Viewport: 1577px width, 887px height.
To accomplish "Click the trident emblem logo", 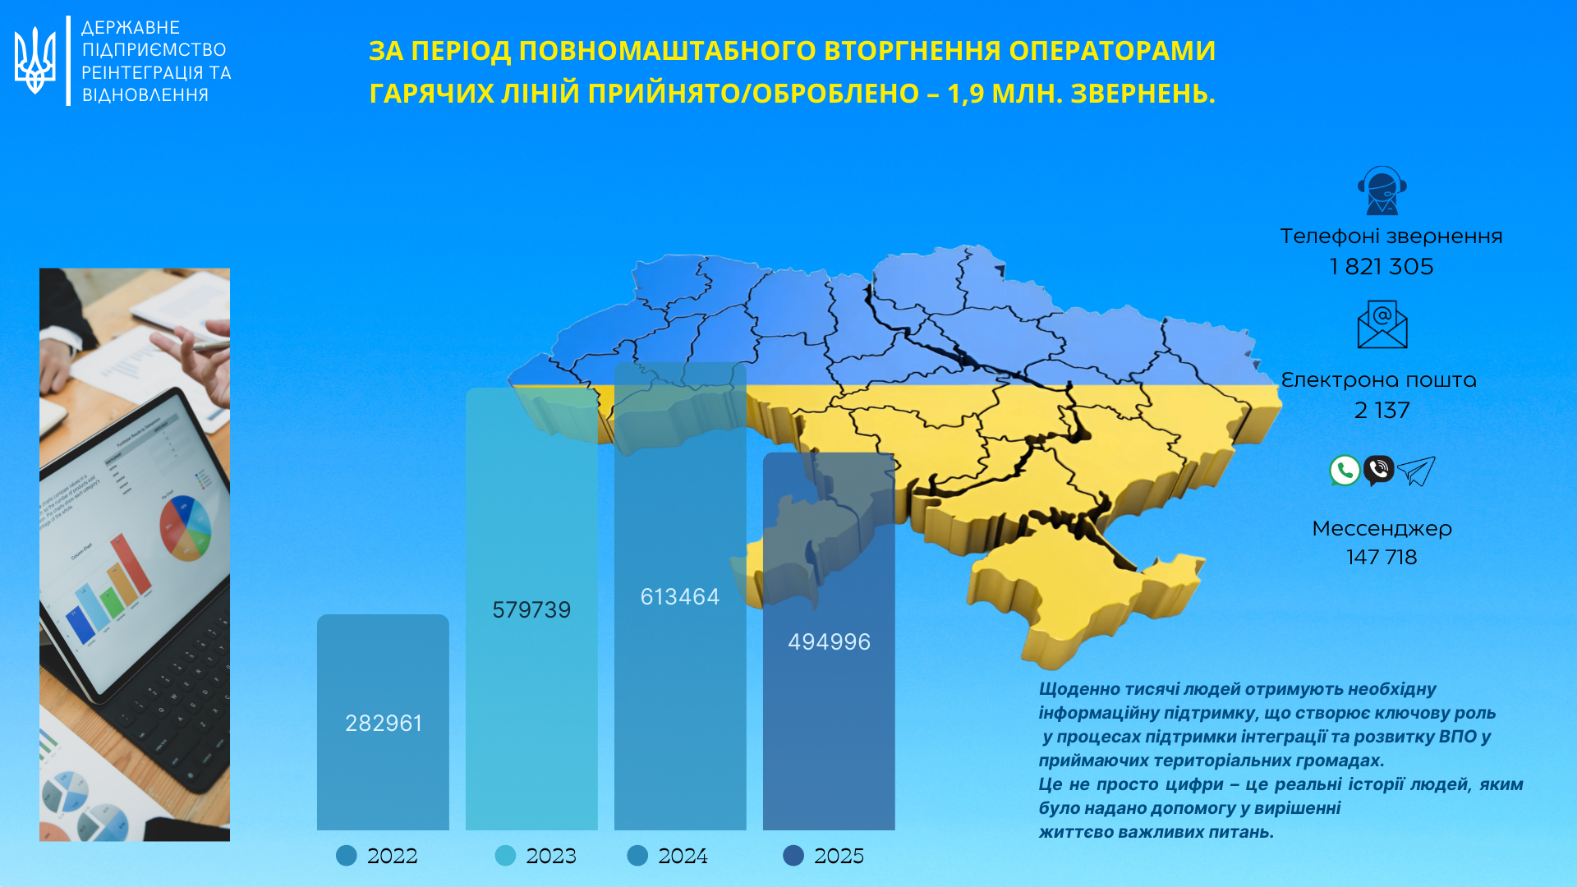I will [x=35, y=60].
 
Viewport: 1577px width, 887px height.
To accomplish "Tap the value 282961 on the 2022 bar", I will [x=384, y=723].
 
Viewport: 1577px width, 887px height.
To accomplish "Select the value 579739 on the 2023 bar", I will [x=531, y=609].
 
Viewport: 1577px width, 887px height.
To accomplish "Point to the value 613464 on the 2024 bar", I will [x=680, y=596].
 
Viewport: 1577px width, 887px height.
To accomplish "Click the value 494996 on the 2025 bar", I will [x=829, y=641].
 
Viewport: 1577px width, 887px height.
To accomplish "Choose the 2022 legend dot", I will [x=347, y=856].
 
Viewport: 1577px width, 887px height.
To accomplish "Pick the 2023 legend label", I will [x=551, y=856].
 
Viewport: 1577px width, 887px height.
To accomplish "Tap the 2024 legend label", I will [x=683, y=856].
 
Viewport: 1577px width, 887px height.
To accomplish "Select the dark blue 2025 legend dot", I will [x=793, y=856].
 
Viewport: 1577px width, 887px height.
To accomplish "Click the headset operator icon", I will [x=1382, y=191].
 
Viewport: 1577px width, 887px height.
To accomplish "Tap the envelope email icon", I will [x=1382, y=324].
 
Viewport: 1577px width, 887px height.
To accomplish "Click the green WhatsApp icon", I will [x=1345, y=471].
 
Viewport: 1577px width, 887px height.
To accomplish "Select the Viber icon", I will [x=1379, y=470].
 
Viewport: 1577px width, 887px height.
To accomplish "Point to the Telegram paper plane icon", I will [x=1416, y=471].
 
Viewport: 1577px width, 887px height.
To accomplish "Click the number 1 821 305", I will [x=1382, y=267].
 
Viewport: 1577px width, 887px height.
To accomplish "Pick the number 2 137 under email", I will [x=1382, y=410].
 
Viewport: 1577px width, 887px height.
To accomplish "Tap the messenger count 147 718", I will [x=1382, y=557].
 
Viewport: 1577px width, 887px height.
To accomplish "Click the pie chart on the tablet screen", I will [x=186, y=527].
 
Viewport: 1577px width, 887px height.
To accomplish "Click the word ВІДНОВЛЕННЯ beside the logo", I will [x=145, y=95].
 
